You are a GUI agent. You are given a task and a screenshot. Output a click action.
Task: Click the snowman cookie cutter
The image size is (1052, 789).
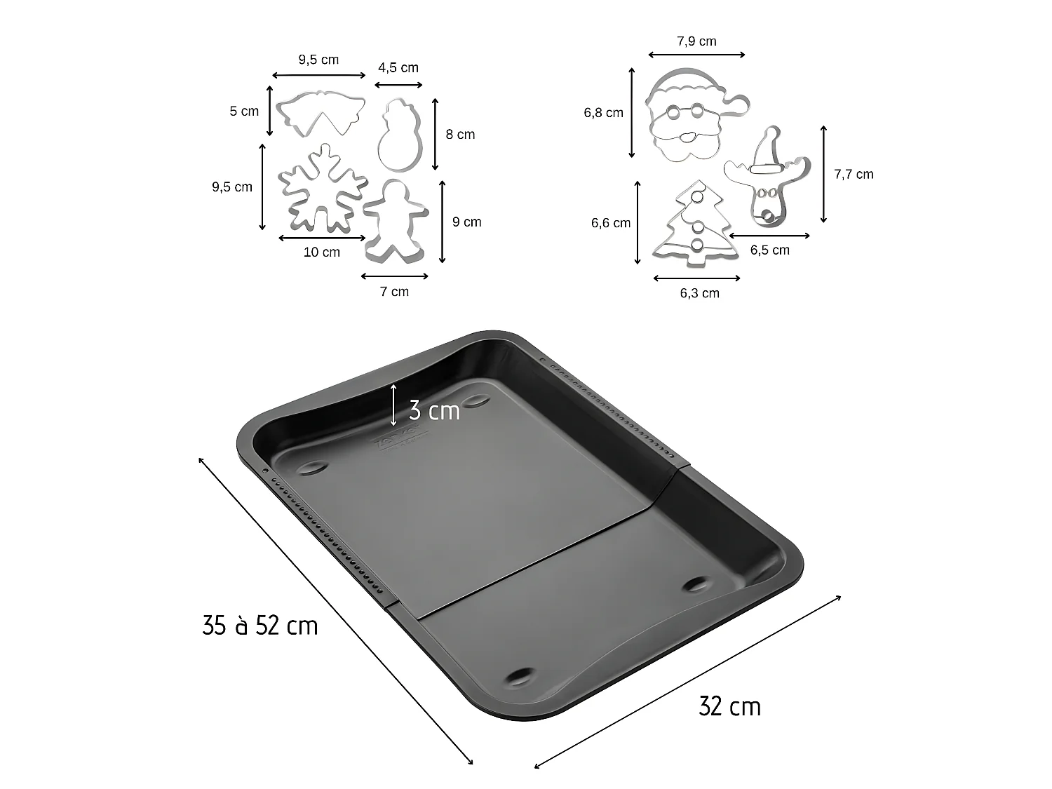[400, 135]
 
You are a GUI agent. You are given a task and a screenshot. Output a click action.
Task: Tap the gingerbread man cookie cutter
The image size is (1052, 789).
[395, 220]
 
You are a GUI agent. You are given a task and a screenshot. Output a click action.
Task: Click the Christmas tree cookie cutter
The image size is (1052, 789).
[696, 226]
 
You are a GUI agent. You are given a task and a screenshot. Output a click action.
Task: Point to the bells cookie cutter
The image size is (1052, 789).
[320, 112]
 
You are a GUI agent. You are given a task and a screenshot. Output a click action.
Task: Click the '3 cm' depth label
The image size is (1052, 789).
[434, 410]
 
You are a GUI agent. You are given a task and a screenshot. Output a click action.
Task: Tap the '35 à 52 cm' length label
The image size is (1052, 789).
[260, 625]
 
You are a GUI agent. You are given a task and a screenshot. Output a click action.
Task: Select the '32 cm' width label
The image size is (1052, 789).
[729, 706]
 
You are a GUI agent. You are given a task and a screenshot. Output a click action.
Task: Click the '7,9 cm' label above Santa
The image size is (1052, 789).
[696, 41]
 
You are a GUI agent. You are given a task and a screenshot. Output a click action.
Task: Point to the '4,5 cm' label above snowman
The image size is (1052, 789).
[398, 68]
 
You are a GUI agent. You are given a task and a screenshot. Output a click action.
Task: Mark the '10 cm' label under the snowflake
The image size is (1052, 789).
[322, 252]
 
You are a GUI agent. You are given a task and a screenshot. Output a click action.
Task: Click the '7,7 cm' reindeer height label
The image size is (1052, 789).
[854, 175]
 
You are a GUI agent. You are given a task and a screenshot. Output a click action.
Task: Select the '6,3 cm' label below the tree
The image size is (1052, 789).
[699, 293]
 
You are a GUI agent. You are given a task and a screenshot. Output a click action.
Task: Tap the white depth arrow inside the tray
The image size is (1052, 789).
[393, 405]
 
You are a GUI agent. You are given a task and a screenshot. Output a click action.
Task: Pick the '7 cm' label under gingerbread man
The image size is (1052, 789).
[394, 291]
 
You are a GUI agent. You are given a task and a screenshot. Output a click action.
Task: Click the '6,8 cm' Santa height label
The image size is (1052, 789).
[603, 112]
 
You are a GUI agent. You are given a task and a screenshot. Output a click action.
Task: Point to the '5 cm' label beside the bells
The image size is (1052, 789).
[244, 111]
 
